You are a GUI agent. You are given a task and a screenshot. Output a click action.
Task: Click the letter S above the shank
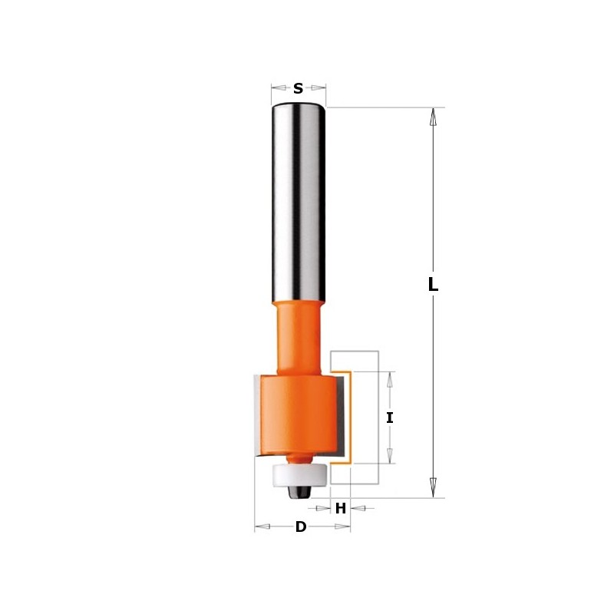point(298,89)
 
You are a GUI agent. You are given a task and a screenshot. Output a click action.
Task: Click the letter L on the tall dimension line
point(433,285)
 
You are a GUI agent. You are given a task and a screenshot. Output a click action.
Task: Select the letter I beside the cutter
point(390,418)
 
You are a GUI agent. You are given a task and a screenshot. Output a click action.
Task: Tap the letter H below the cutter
point(340,508)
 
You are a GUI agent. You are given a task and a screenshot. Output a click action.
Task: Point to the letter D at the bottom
point(301,527)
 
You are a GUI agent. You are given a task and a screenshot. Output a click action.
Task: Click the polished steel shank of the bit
point(298,200)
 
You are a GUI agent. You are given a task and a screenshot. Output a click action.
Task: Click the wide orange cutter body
point(295,414)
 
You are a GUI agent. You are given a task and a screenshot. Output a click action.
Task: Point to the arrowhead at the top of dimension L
point(433,116)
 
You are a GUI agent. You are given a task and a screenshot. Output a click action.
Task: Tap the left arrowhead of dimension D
point(262,527)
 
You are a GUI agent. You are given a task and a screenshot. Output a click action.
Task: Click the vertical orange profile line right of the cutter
point(352,418)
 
